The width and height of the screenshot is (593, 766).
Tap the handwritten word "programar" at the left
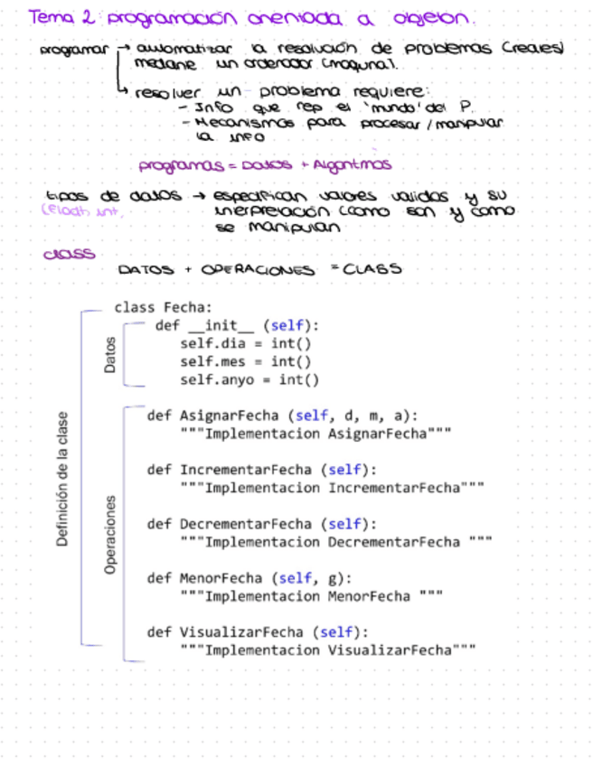tap(74, 51)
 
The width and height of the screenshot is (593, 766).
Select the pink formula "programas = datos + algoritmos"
tap(265, 166)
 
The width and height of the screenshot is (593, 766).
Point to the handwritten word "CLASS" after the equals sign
tap(373, 268)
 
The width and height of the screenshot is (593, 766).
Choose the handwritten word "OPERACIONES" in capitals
tap(258, 270)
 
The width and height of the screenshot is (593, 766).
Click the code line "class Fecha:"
tap(163, 307)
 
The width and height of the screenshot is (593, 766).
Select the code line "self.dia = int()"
tap(245, 344)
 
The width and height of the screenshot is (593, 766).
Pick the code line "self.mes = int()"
tap(245, 362)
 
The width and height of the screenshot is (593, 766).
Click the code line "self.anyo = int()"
tap(249, 380)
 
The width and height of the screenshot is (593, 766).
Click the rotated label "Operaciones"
tap(110, 534)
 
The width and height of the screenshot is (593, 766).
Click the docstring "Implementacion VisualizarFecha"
tap(327, 650)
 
